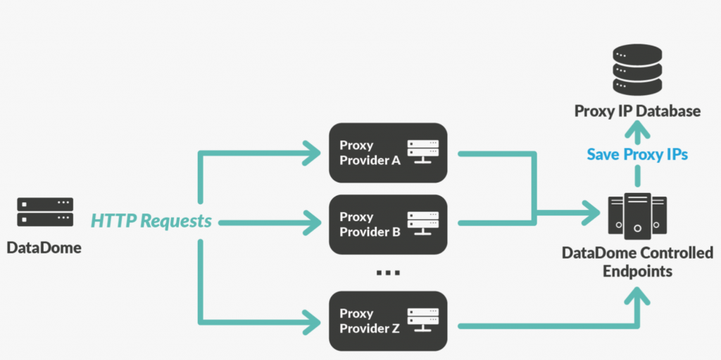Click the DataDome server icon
click(45, 212)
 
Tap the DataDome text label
click(44, 248)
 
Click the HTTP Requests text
click(151, 221)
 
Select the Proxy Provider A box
click(388, 153)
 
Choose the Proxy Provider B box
click(388, 224)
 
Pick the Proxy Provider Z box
click(388, 321)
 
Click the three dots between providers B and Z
click(388, 273)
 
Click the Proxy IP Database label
click(637, 111)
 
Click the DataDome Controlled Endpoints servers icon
click(637, 214)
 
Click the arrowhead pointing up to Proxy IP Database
click(637, 129)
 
